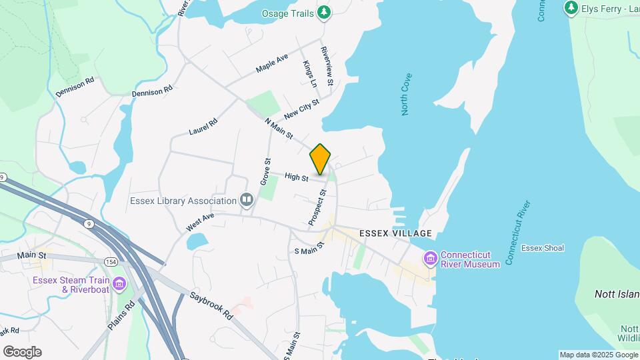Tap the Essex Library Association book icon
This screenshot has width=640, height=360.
(x=247, y=200)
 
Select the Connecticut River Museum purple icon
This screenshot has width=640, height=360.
(x=430, y=258)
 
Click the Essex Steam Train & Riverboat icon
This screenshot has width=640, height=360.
(x=119, y=284)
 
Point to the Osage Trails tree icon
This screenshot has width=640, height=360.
(x=324, y=12)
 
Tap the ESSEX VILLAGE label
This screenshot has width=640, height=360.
(x=395, y=233)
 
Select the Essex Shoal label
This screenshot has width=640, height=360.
(x=543, y=248)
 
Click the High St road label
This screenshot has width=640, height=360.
(x=296, y=177)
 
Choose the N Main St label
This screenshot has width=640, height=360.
(x=279, y=129)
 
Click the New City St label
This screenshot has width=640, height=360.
(x=301, y=107)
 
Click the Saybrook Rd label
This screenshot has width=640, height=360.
(x=209, y=305)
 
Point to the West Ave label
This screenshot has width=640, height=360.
(x=200, y=223)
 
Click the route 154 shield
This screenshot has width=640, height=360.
(x=110, y=261)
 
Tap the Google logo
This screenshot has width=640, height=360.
(x=22, y=352)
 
